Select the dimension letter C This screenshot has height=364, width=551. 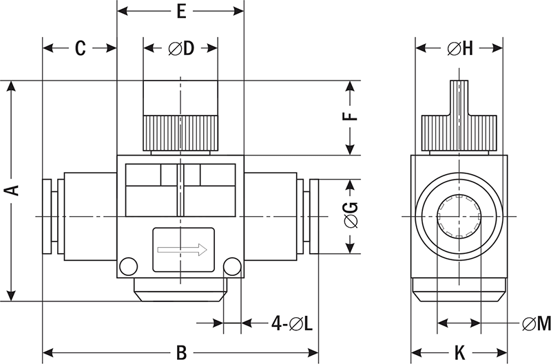[80, 48]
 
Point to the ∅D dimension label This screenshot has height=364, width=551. [180, 48]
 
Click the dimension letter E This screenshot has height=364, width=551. [181, 11]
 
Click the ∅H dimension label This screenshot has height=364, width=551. [459, 48]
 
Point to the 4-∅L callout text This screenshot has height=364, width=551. [291, 323]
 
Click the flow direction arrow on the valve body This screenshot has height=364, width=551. [183, 249]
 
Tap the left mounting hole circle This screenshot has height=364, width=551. [128, 266]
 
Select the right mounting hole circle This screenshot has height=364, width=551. [233, 266]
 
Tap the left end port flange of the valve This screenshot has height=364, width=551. [47, 217]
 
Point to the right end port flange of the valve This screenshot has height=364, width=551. [314, 217]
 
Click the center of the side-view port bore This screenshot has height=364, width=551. [459, 217]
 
